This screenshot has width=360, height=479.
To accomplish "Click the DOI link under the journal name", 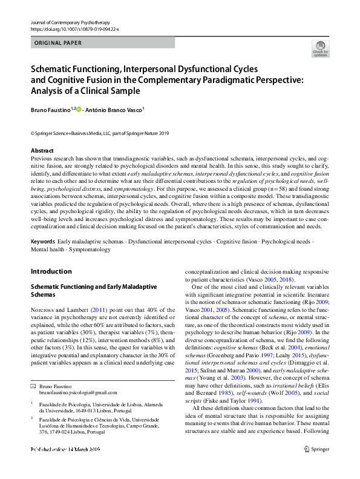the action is point(74,29).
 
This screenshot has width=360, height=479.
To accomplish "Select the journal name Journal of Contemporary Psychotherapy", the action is point(70,22).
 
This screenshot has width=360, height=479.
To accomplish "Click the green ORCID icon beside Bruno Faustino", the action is point(77,109).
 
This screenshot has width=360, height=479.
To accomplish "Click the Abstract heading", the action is point(42,150).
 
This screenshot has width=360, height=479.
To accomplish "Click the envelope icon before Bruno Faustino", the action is point(34,369).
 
